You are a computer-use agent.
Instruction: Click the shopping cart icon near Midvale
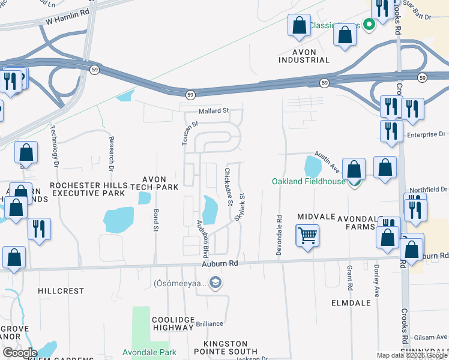[x=307, y=235]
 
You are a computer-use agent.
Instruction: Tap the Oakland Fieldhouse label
[x=309, y=181]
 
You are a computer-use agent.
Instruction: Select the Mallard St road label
[x=215, y=111]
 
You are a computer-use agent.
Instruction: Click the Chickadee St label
[x=229, y=187]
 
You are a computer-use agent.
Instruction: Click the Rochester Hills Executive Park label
[x=89, y=189]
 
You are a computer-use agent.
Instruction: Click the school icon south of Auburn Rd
[x=215, y=283]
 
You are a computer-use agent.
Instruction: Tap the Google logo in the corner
[x=20, y=352]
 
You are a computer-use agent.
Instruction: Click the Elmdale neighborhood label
[x=351, y=303]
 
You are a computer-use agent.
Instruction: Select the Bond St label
[x=155, y=221]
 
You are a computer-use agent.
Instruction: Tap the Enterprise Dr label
[x=430, y=135]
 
